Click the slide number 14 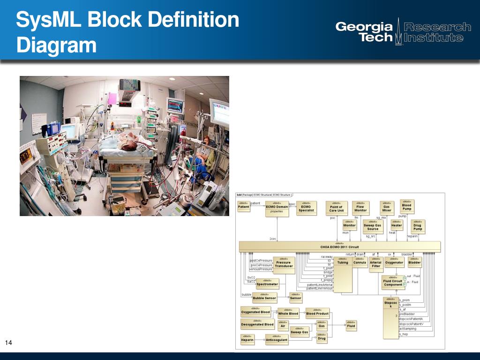[x=8, y=345]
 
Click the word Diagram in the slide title [x=56, y=46]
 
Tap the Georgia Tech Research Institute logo [x=403, y=32]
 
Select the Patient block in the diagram [x=244, y=207]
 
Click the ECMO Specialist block [x=307, y=208]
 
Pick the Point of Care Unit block [x=337, y=208]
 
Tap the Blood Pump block [x=406, y=206]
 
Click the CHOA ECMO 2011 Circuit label [x=339, y=247]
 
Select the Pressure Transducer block [x=284, y=264]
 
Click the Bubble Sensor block [x=264, y=298]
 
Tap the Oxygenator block [x=394, y=262]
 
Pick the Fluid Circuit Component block [x=393, y=283]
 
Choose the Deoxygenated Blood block [x=257, y=324]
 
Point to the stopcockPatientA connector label [x=411, y=319]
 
